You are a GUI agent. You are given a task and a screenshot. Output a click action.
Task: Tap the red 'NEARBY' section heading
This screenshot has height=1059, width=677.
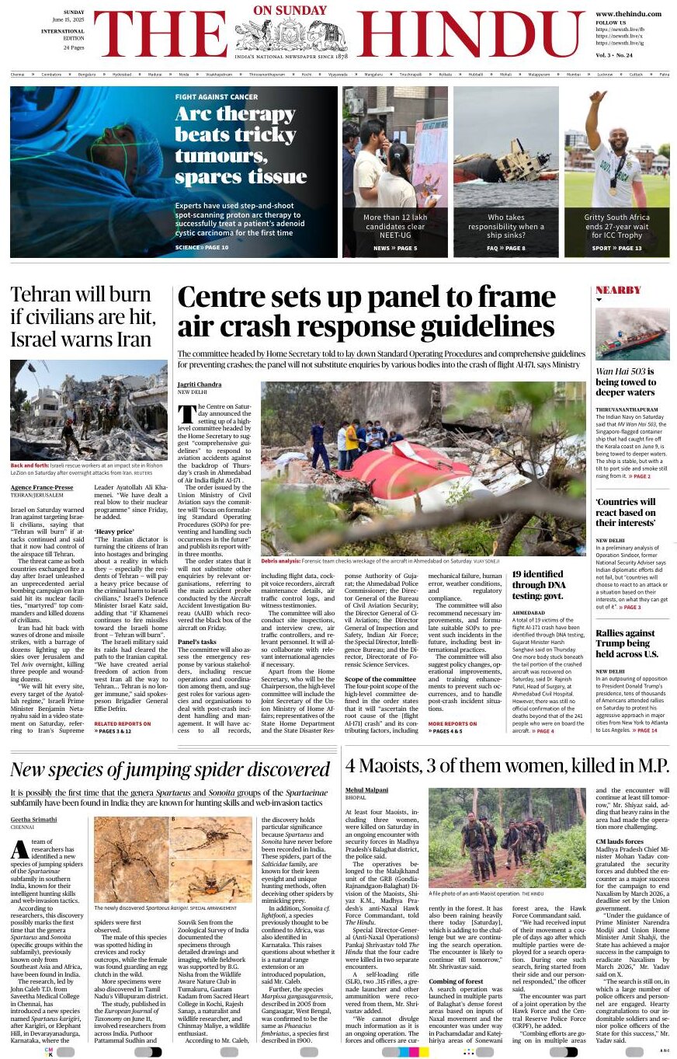618,291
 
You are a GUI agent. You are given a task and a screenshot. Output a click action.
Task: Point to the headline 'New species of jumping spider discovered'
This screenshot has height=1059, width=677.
170,770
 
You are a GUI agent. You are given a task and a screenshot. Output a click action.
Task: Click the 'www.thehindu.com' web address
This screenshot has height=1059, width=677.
628,14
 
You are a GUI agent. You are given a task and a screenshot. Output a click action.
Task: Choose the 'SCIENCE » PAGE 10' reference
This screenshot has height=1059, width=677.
202,248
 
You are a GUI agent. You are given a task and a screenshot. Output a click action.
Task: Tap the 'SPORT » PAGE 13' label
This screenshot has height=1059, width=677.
616,248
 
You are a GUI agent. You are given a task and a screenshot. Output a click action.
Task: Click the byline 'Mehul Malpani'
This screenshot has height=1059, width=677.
366,789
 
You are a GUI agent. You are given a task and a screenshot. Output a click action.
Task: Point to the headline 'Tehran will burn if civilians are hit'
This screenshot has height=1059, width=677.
83,317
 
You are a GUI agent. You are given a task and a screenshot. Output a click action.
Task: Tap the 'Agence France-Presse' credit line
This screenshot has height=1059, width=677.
42,487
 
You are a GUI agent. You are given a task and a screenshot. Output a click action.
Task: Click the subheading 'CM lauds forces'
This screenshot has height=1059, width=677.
619,841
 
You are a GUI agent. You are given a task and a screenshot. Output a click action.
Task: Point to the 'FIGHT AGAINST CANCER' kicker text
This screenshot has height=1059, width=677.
216,97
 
